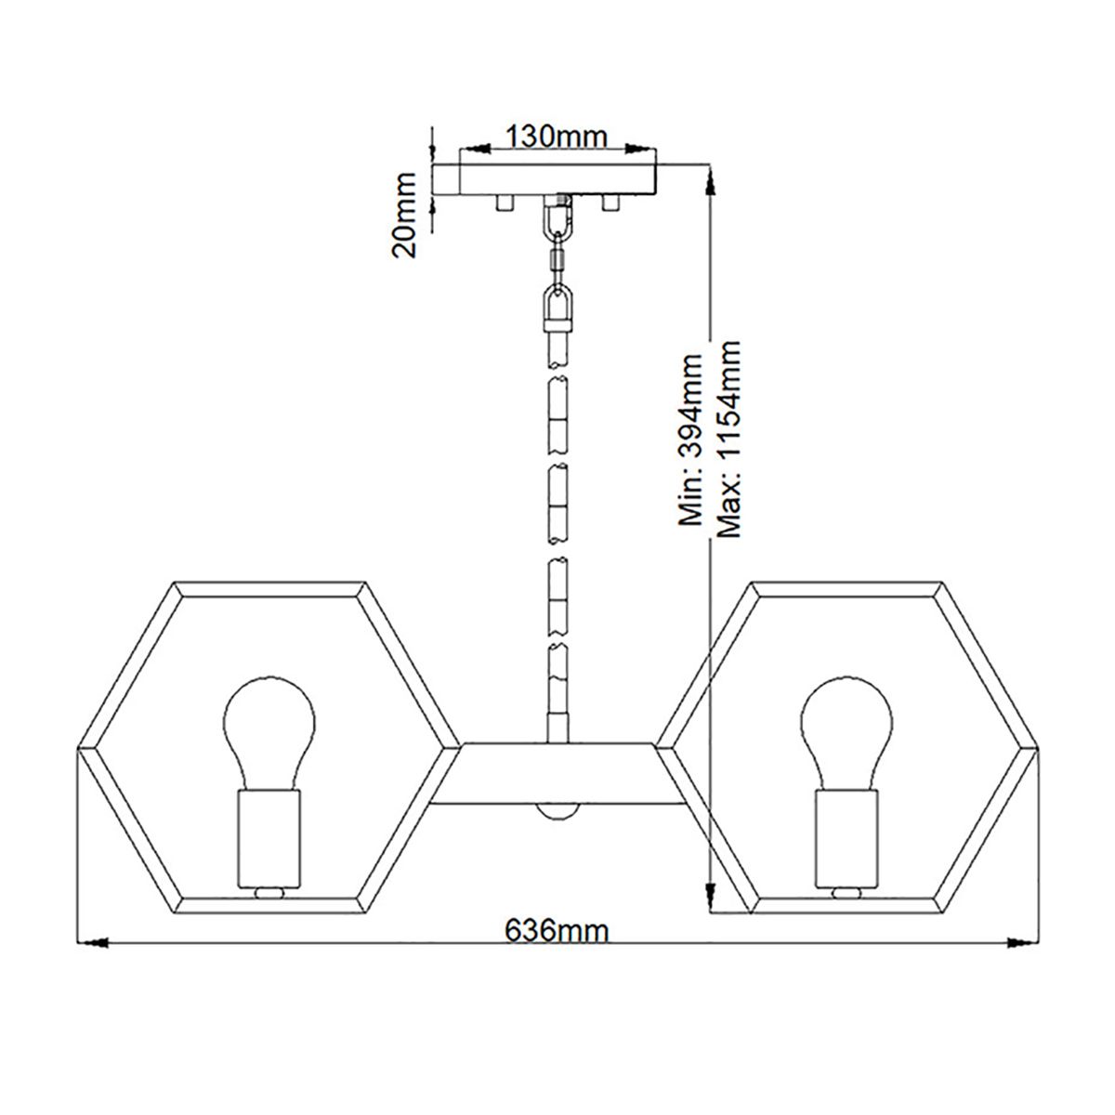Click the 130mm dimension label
click(x=556, y=137)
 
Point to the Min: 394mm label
click(x=689, y=439)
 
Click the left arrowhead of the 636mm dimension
click(x=92, y=944)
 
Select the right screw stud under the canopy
click(x=610, y=202)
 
